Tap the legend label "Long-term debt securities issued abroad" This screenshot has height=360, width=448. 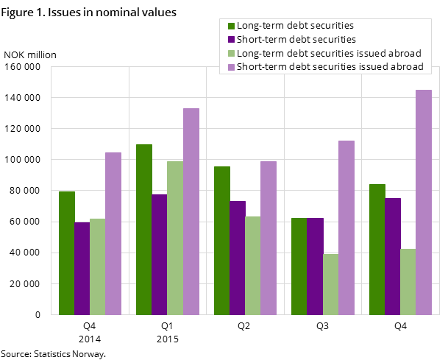329,53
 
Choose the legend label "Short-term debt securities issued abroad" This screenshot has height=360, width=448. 330,66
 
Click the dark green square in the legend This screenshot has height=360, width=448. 230,27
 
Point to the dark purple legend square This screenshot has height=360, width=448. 230,40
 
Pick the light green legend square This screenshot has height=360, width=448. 230,53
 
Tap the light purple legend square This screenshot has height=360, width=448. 230,66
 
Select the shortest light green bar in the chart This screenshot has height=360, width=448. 330,284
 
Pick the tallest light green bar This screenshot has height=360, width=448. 175,238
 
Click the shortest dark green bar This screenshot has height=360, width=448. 299,267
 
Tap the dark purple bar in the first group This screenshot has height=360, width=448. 82,269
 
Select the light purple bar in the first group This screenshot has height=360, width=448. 113,233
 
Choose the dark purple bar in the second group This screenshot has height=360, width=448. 160,255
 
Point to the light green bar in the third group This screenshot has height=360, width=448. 253,266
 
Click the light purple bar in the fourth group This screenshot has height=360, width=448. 346,227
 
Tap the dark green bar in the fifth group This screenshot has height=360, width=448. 377,250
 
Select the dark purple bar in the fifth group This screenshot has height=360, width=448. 393,256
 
